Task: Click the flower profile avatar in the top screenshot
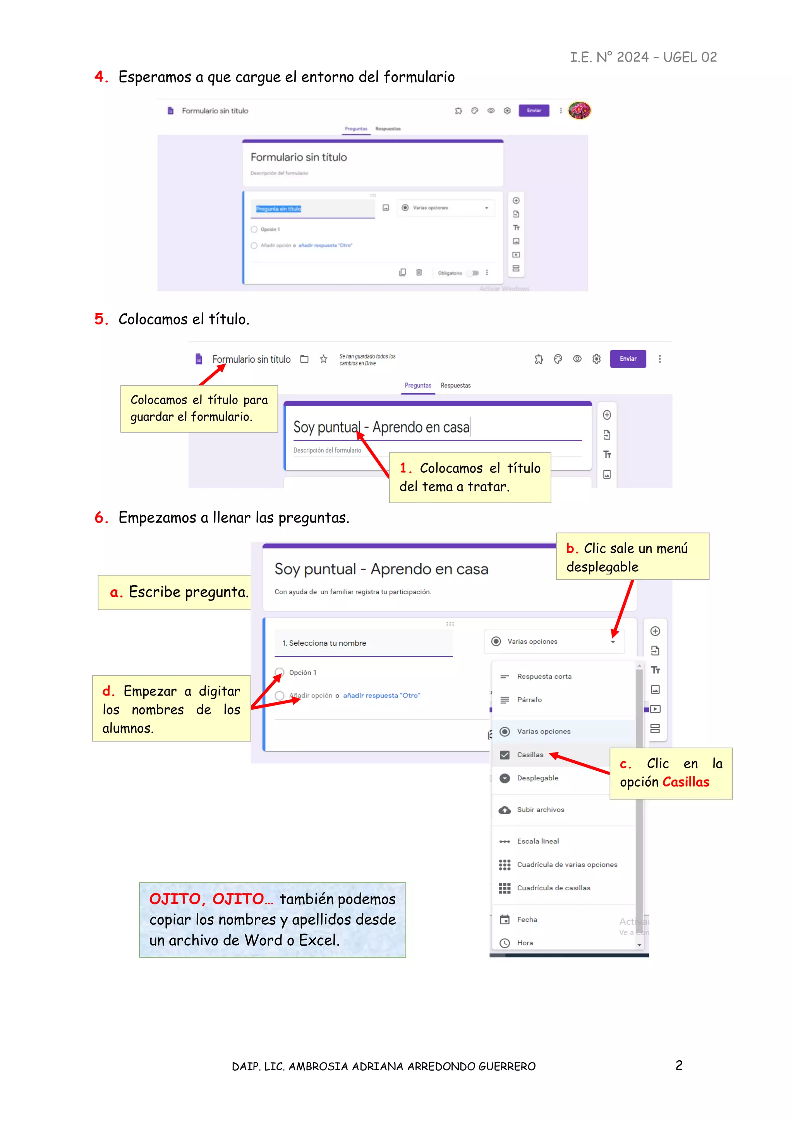click(x=579, y=110)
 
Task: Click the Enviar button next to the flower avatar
click(x=534, y=110)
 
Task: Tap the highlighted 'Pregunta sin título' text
click(x=278, y=209)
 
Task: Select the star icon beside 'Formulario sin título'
click(x=323, y=359)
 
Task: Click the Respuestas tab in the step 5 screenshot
click(x=456, y=386)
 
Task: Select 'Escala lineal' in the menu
click(x=537, y=841)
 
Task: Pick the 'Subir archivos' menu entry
click(x=540, y=810)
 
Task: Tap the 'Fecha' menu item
click(x=527, y=920)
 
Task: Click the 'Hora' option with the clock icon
click(x=525, y=943)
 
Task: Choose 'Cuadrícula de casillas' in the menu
click(x=553, y=888)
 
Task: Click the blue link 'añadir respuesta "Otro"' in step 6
click(x=381, y=696)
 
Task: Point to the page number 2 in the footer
click(x=679, y=1065)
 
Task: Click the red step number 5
click(x=100, y=319)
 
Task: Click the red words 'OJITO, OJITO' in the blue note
click(x=206, y=899)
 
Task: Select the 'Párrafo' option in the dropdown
click(x=529, y=700)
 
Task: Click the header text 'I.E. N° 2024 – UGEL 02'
click(x=643, y=58)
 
